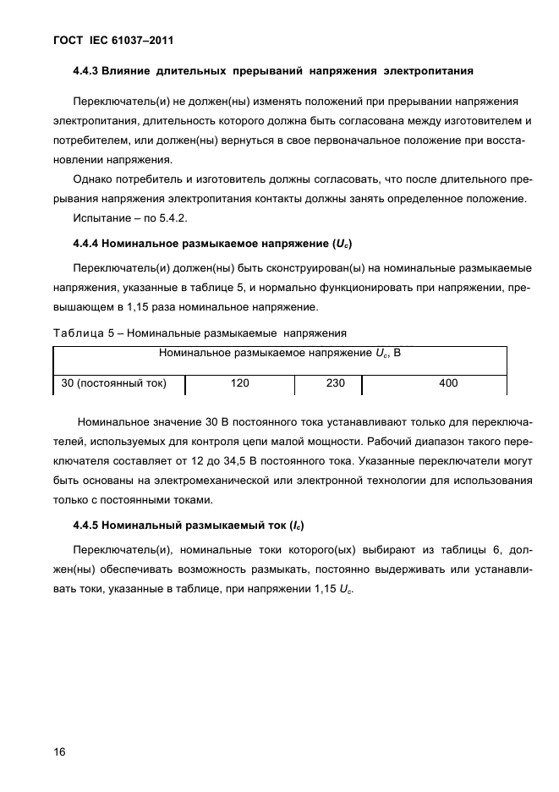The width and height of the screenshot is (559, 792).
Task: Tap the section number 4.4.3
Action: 88,70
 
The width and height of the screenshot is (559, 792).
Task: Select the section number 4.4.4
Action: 88,244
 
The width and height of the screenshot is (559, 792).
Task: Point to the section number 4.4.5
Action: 88,525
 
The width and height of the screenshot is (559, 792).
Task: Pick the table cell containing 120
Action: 239,383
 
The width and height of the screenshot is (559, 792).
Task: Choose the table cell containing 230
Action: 335,383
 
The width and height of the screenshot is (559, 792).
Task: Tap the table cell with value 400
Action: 448,383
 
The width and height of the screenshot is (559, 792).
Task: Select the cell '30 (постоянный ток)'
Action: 113,383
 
